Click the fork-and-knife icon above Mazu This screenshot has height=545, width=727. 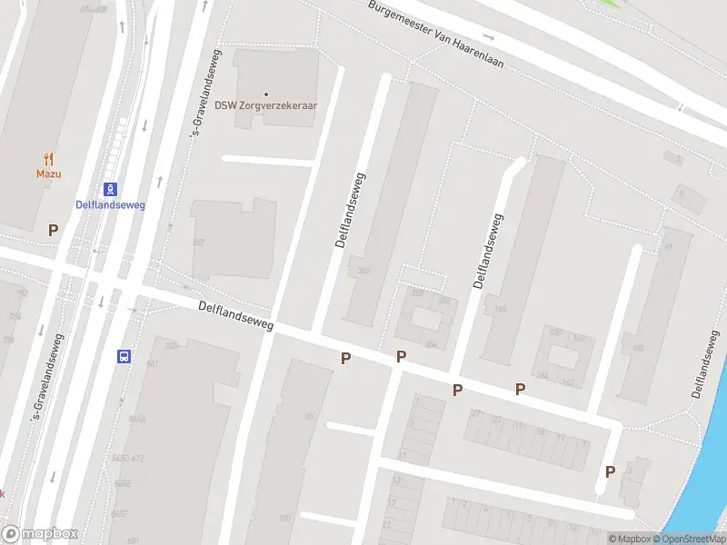coord(48,159)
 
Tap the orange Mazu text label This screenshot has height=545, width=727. coord(48,173)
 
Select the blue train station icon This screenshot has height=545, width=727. coord(110,189)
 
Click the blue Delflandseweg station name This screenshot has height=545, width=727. coord(110,204)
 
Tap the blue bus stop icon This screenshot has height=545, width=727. coord(123,356)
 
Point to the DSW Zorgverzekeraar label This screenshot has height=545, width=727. coord(266,105)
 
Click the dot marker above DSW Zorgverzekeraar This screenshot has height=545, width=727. coord(266,94)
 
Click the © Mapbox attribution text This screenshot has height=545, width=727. coord(630,539)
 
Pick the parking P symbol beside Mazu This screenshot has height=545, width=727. coord(54,231)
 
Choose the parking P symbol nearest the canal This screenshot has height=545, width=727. coord(610,471)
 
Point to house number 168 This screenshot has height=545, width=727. coord(499,309)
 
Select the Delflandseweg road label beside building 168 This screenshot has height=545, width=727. coord(486,251)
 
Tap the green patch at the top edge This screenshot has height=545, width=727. coord(617,4)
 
